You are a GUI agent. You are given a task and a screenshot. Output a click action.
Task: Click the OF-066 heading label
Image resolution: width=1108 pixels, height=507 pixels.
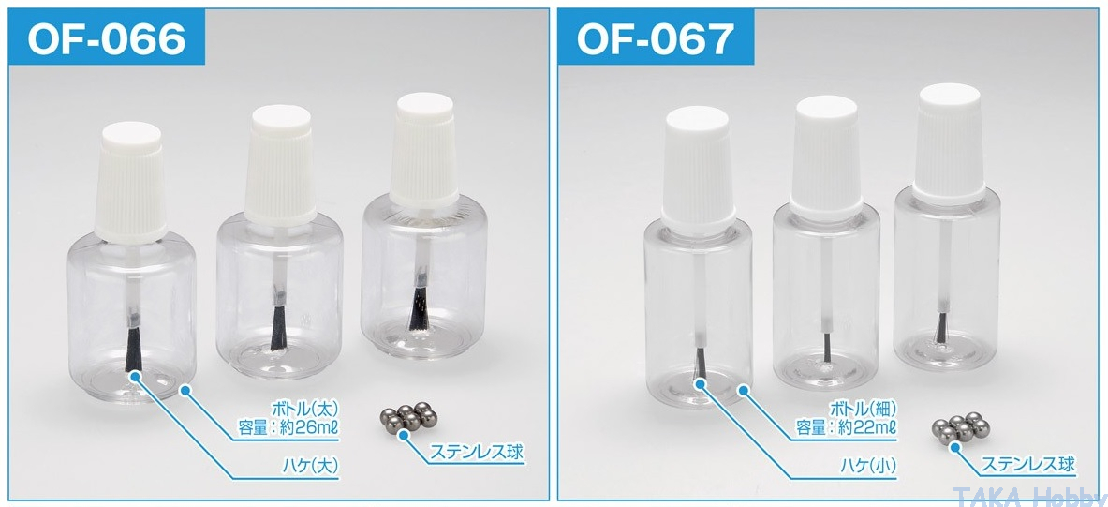(x=107, y=38)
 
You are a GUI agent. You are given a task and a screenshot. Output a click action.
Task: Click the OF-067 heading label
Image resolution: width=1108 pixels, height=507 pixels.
(x=656, y=38)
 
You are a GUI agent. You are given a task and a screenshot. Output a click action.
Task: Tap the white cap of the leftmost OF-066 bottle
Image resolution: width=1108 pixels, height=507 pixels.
(x=131, y=182)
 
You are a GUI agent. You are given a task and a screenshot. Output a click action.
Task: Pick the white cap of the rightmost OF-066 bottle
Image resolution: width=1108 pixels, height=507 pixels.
(x=424, y=151)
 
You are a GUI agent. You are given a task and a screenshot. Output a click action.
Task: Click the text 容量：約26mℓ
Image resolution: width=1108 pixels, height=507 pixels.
(x=289, y=428)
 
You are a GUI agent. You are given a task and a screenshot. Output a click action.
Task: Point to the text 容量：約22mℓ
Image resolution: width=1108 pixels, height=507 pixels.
(x=847, y=427)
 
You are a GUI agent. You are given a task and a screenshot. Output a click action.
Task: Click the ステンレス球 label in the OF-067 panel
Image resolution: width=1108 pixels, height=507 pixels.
(x=1028, y=465)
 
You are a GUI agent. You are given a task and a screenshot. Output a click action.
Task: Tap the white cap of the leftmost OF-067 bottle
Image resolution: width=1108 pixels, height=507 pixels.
(x=697, y=169)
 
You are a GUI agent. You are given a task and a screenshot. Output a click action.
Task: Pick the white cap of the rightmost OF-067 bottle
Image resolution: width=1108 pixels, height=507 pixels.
(x=949, y=142)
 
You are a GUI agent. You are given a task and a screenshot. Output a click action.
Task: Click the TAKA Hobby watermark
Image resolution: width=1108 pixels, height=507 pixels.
(x=1028, y=496)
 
